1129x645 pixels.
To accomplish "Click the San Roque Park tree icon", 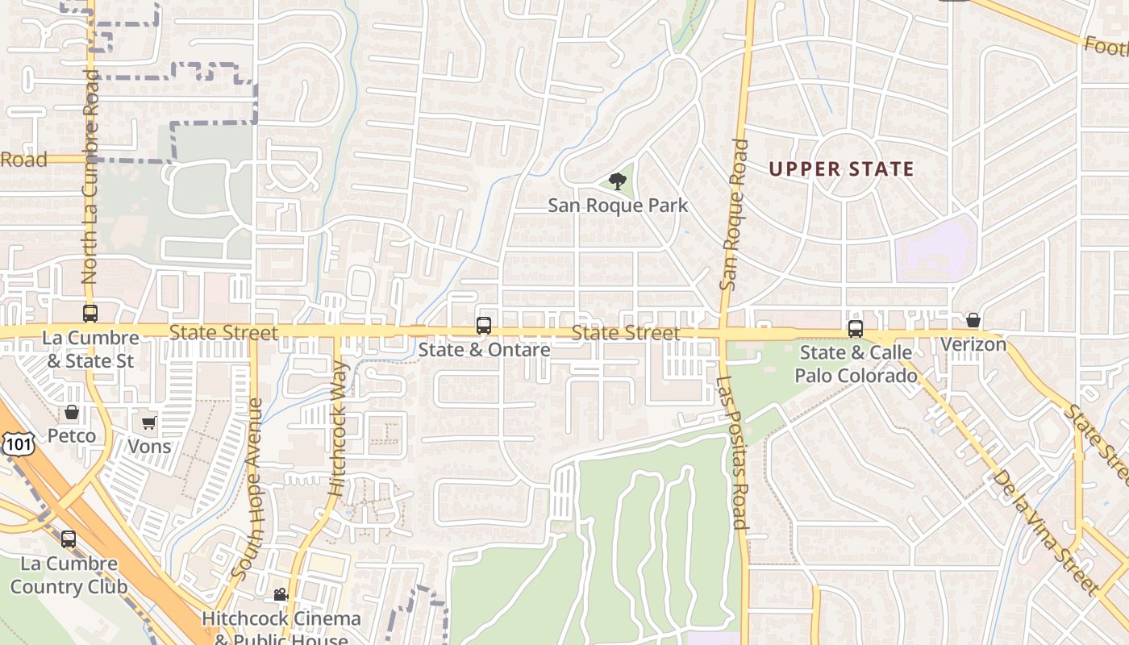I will (618, 181).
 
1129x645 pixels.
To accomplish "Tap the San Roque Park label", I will (618, 205).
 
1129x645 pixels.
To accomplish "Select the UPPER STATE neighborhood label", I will (841, 169).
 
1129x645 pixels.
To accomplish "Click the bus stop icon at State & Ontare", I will (484, 326).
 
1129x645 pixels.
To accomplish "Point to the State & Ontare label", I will (484, 350).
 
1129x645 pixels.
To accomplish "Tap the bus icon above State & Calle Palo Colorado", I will (855, 329).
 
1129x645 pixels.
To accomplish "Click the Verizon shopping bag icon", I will (973, 321).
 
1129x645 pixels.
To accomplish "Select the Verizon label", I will (973, 344).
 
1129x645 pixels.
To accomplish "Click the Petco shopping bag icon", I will (72, 413).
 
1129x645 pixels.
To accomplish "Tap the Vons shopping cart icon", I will (149, 422).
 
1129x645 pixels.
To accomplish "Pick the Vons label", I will (149, 446).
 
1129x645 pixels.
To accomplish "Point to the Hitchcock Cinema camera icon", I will (281, 595).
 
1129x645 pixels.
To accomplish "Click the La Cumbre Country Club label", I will (69, 575).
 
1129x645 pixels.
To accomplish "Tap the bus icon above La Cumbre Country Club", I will (69, 539).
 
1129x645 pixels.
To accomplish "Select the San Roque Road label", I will (734, 214).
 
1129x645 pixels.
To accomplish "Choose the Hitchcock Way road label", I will (339, 428).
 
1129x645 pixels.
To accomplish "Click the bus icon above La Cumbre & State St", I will (90, 314).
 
